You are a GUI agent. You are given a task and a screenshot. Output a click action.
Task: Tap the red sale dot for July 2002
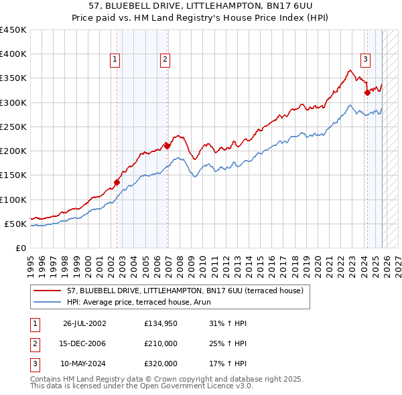(x=117, y=182)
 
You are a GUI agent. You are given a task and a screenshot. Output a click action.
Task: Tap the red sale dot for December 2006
(x=167, y=145)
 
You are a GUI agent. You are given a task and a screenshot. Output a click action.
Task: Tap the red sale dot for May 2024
(x=367, y=92)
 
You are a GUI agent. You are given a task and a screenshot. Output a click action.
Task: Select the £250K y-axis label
(x=13, y=127)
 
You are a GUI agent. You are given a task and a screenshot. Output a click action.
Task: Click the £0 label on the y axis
(x=20, y=248)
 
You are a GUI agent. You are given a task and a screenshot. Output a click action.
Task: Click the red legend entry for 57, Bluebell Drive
(x=185, y=291)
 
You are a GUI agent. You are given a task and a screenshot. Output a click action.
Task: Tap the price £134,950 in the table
(x=161, y=323)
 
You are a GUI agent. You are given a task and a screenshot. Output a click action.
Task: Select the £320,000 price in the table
(x=161, y=364)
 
